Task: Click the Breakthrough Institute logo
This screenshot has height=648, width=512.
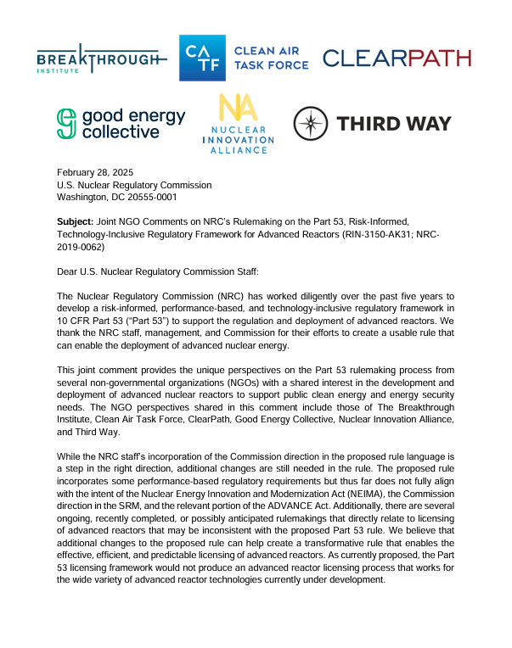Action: [98, 59]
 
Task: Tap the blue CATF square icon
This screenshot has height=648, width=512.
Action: [201, 58]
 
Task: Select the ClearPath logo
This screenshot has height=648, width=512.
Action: [397, 59]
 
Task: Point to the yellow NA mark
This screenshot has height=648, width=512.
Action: [233, 109]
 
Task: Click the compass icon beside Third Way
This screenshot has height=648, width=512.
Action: [311, 124]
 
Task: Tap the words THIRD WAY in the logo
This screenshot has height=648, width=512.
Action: [394, 124]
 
